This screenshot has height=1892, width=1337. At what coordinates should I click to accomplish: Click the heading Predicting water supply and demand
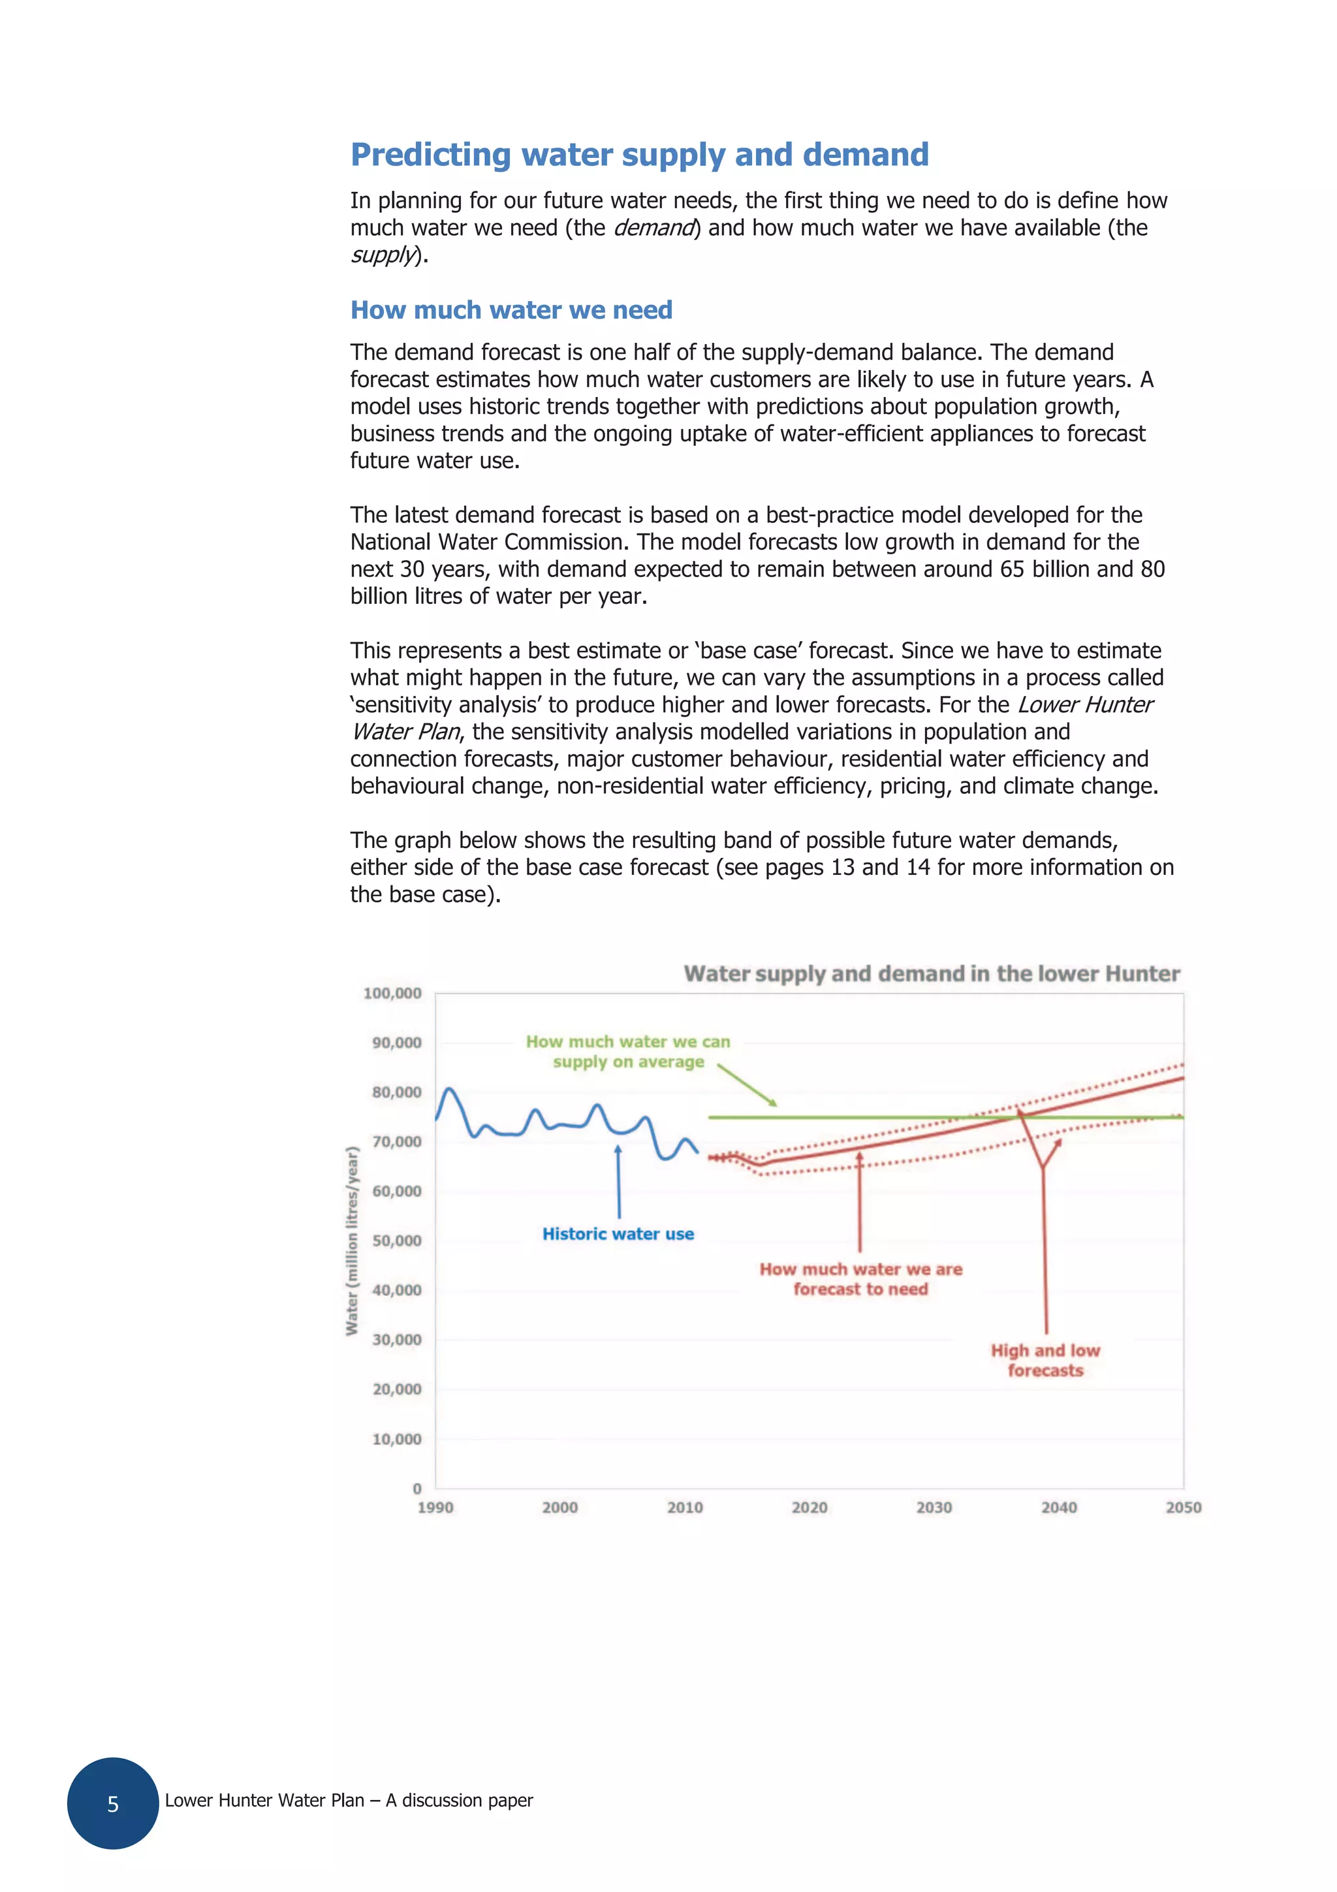tap(639, 155)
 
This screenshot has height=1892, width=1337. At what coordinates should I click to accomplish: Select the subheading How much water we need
tap(511, 310)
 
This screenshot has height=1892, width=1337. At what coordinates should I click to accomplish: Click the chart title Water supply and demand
tap(931, 973)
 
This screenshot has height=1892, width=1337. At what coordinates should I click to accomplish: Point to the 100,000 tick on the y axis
tap(392, 993)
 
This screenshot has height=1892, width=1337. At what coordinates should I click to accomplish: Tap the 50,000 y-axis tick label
tap(396, 1240)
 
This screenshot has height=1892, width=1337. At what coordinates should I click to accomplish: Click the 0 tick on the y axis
tap(417, 1489)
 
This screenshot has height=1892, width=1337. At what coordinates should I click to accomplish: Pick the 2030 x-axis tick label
tap(934, 1507)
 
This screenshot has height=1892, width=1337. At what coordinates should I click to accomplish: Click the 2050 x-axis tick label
tap(1183, 1507)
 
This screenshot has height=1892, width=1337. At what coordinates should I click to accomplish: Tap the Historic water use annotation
tap(618, 1234)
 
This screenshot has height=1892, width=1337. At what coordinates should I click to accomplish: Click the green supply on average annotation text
tap(628, 1052)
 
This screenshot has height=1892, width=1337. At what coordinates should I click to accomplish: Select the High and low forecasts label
tap(1045, 1360)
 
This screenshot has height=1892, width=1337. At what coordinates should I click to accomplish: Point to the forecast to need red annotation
tap(860, 1279)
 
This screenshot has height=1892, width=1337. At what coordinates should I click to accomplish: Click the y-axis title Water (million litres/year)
tap(352, 1240)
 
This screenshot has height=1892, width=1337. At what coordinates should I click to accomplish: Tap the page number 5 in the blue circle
tap(113, 1804)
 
